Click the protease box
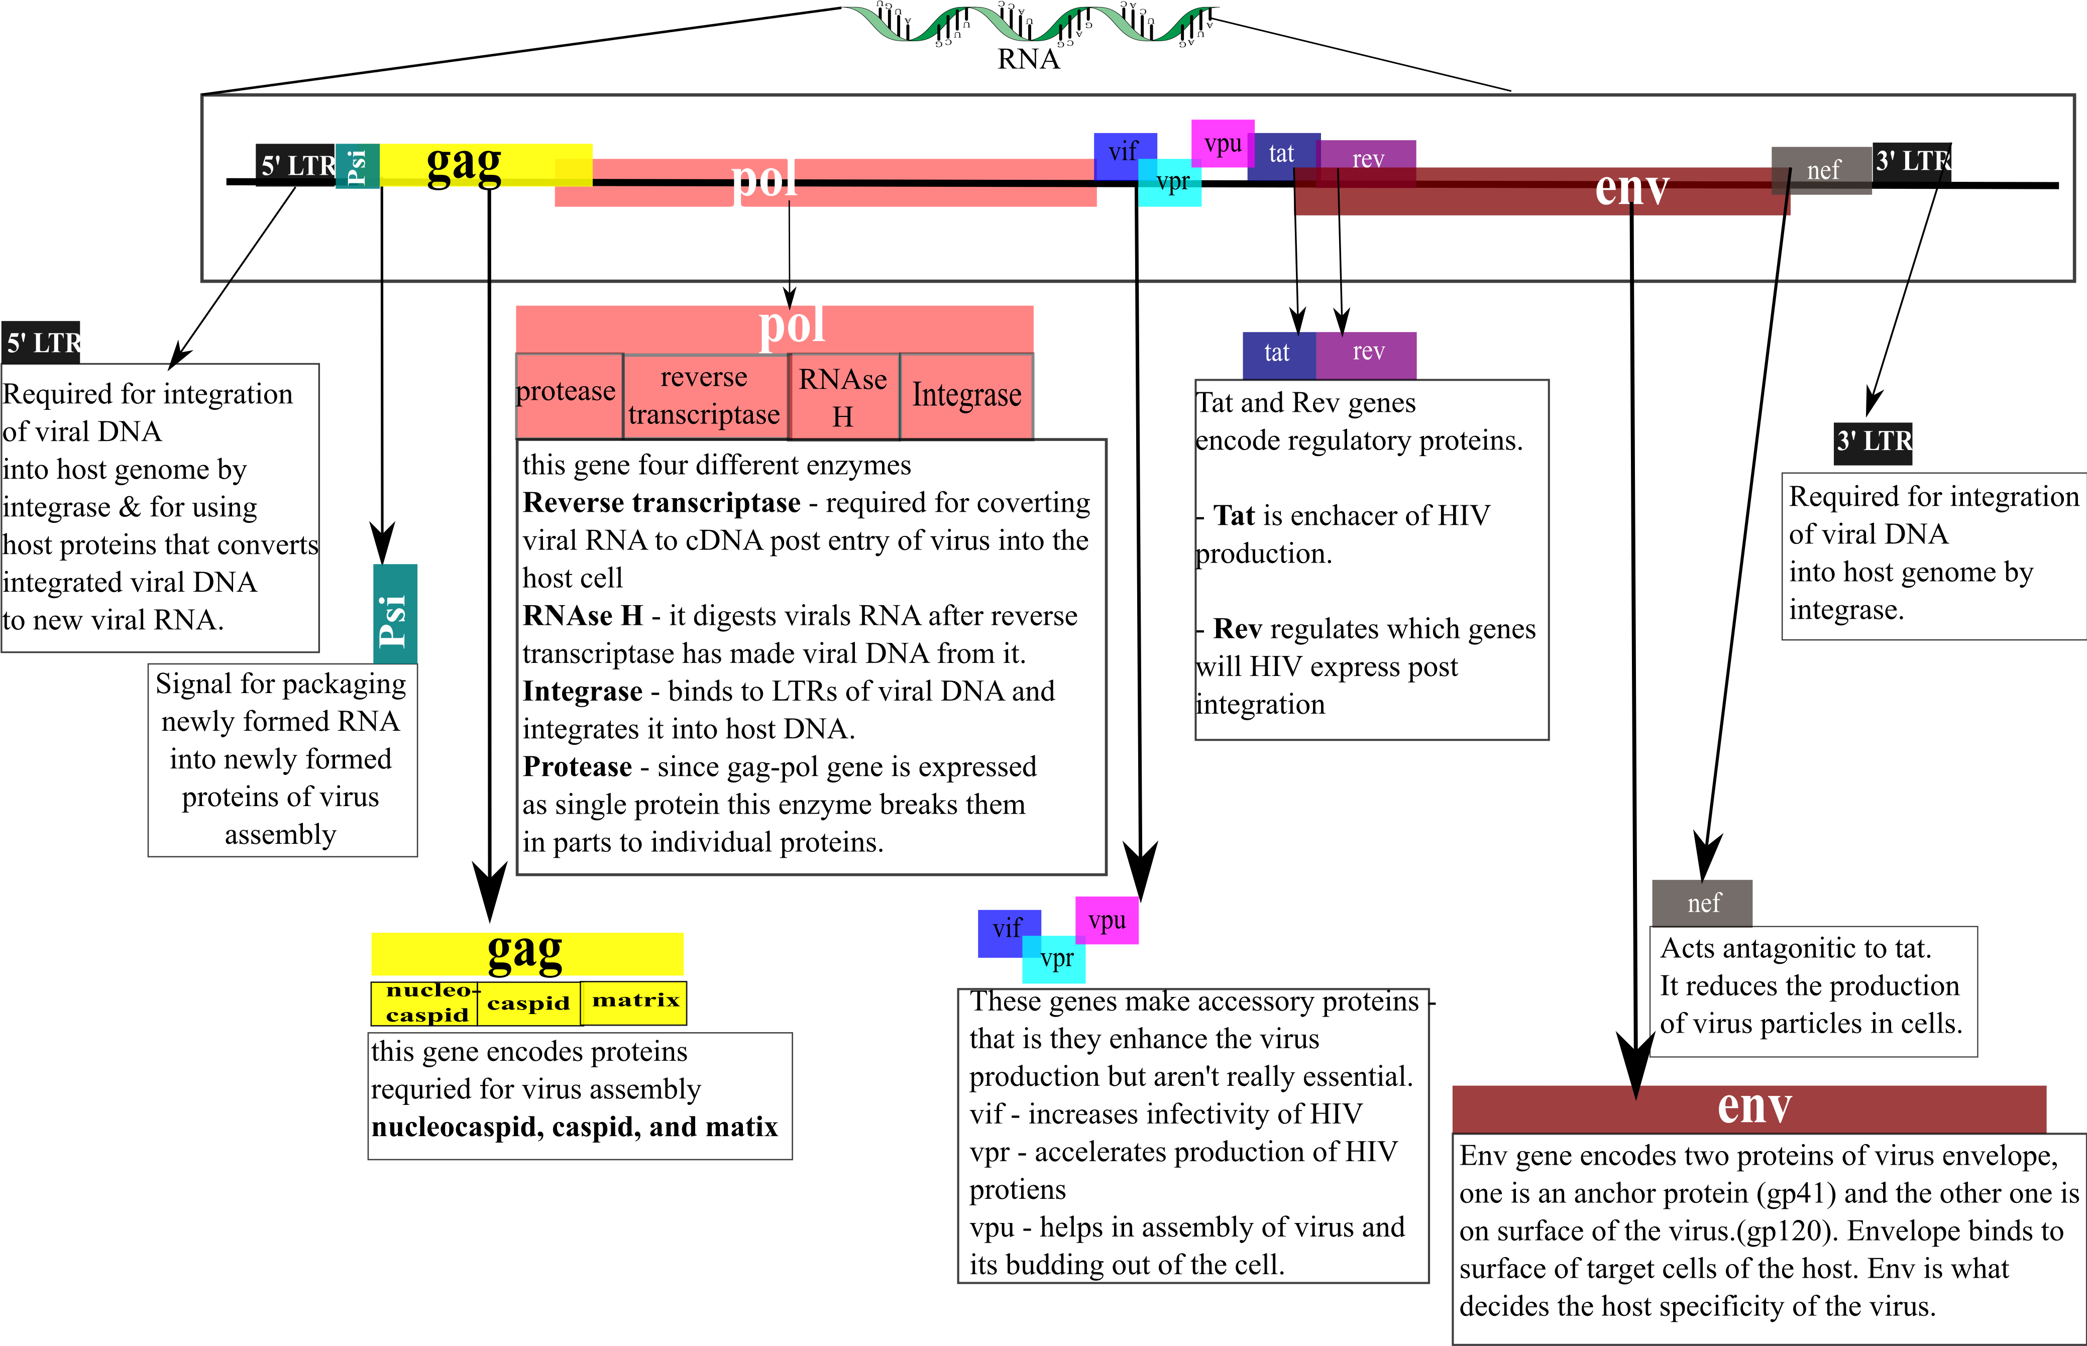(569, 396)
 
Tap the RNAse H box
(843, 396)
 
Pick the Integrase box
(966, 396)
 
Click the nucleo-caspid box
(425, 1003)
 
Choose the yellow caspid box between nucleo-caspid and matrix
(529, 1003)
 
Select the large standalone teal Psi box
(395, 614)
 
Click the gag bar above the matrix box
(527, 954)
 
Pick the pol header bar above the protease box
(775, 328)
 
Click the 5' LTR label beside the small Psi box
(298, 165)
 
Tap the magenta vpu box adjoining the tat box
(1223, 143)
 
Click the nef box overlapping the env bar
(1822, 170)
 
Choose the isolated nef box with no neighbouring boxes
(1702, 903)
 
